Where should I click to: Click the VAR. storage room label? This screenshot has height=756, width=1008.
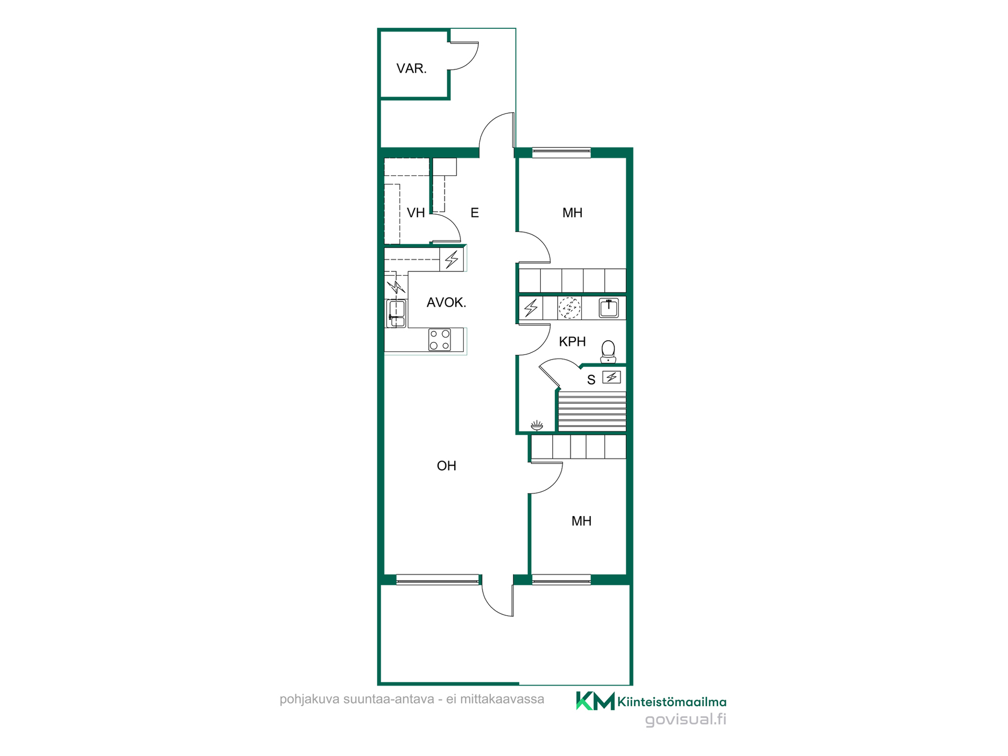click(x=412, y=68)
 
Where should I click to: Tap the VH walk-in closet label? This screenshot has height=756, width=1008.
click(x=416, y=213)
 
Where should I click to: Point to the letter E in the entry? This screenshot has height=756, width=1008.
click(x=475, y=213)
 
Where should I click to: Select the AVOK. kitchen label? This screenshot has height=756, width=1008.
click(x=446, y=302)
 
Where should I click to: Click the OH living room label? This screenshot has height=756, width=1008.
click(x=446, y=466)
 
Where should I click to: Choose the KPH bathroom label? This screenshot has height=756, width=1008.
click(x=572, y=342)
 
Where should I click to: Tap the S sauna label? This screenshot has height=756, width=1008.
click(x=591, y=380)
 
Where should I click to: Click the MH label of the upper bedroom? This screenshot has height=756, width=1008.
click(x=572, y=213)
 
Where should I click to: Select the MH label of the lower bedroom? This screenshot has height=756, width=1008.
click(x=581, y=521)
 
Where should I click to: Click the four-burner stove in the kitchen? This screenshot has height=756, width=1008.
click(x=439, y=340)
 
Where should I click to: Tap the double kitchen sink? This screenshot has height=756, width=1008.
click(x=396, y=314)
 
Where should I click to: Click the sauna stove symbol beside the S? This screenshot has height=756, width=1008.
click(x=612, y=377)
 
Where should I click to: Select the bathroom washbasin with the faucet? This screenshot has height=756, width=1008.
click(x=608, y=308)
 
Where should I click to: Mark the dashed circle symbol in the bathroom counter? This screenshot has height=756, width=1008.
click(x=569, y=308)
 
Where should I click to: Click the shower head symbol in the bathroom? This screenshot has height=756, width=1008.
click(x=537, y=425)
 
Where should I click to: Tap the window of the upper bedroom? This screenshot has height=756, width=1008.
click(x=561, y=153)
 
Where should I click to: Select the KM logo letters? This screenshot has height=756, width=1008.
click(x=595, y=701)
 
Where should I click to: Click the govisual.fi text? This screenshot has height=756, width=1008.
click(x=686, y=719)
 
